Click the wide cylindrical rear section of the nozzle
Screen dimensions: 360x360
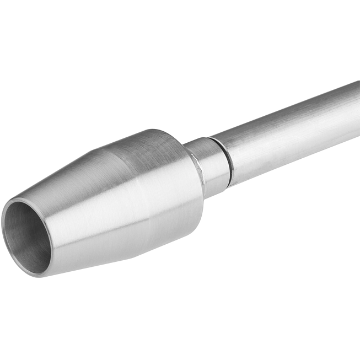click(165, 182)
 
